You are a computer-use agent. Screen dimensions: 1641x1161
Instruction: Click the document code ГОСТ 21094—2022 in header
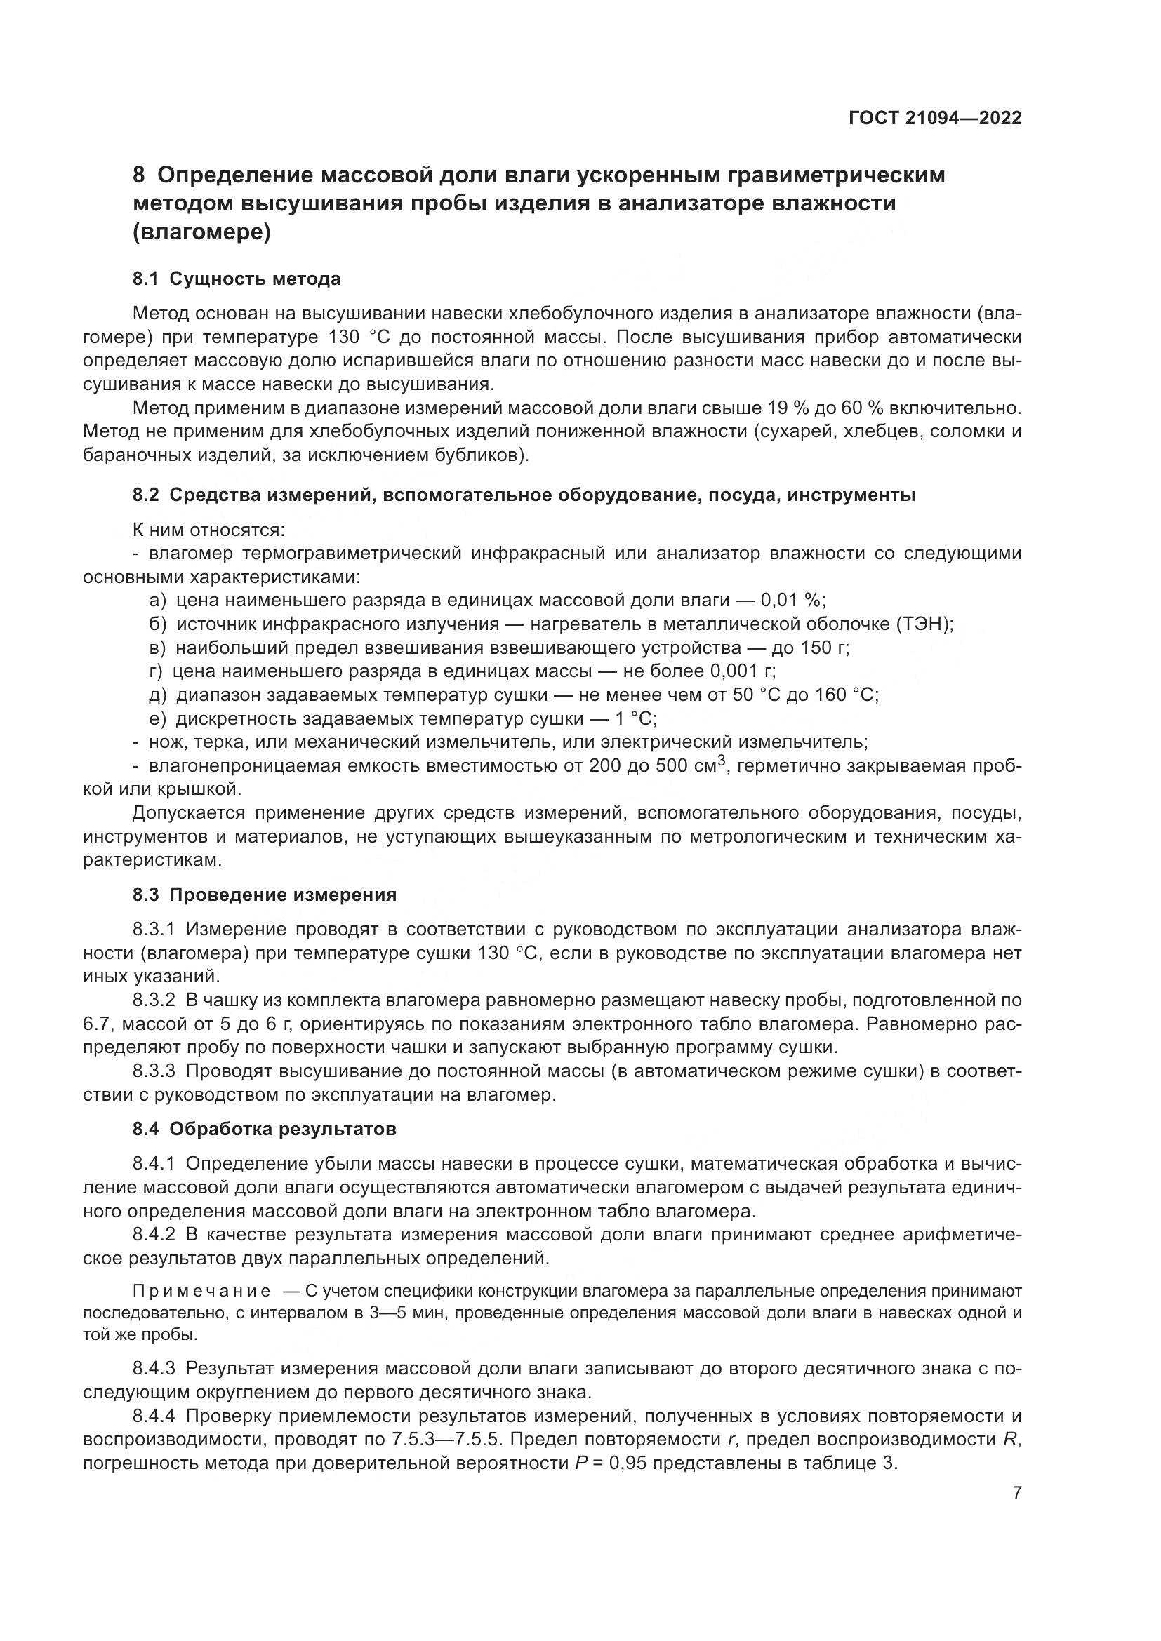tap(935, 118)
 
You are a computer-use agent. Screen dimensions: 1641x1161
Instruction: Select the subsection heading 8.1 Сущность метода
tap(237, 279)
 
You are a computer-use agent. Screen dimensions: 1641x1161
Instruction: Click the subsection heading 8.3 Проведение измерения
tap(265, 895)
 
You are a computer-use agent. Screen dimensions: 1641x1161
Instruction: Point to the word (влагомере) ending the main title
tap(202, 233)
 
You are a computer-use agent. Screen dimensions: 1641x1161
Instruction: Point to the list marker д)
tap(157, 695)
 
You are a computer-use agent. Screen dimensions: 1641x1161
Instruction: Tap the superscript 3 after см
tap(722, 761)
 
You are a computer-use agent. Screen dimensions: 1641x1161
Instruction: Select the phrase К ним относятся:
tap(208, 530)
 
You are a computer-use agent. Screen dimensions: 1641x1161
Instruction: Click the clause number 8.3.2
tap(154, 1000)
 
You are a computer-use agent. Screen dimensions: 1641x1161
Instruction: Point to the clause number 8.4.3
tap(154, 1369)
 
